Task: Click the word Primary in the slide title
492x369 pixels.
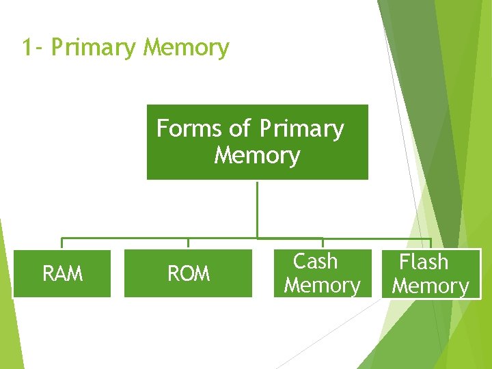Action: [94, 49]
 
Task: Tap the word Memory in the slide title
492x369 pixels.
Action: [187, 49]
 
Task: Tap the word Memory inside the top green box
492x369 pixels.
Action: [257, 156]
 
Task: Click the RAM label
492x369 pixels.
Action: [62, 274]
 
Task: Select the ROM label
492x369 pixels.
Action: [189, 274]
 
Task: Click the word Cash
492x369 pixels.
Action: [315, 261]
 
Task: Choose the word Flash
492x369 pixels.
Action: [424, 262]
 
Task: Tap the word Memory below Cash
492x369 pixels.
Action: [322, 285]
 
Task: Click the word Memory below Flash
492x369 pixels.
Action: [430, 286]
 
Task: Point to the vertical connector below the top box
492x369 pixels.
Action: [257, 208]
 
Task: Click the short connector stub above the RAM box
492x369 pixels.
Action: [62, 243]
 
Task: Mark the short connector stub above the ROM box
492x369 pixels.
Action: [189, 243]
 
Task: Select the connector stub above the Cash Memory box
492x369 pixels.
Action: [323, 243]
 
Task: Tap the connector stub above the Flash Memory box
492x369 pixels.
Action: [430, 243]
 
